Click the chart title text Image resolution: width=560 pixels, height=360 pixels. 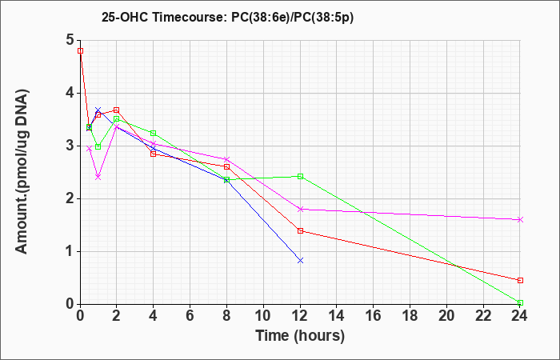pos(227,17)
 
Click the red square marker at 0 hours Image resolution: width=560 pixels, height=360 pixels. pos(80,50)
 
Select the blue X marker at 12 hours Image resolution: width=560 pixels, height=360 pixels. pos(300,260)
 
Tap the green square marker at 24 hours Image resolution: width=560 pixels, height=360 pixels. pos(520,303)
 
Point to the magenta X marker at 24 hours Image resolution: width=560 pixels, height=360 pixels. pos(520,220)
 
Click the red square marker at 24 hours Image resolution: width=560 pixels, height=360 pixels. pos(520,280)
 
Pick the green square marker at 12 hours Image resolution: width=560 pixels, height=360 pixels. pos(300,176)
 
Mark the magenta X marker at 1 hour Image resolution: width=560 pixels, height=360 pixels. pos(98,177)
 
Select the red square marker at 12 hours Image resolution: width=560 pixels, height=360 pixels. pos(300,230)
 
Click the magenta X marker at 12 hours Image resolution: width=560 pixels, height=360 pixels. pos(300,209)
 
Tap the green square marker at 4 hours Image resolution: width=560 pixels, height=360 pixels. pos(154,134)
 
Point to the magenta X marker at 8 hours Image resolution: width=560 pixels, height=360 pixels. pos(226,159)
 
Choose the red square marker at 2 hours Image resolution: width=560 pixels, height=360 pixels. pos(117,110)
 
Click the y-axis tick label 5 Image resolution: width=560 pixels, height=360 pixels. pos(70,40)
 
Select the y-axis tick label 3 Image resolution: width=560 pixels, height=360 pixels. pos(70,146)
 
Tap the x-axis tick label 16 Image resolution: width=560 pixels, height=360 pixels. pos(374,316)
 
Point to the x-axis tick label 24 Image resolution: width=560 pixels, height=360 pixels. pos(520,316)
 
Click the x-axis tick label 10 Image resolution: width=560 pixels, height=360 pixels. pos(263,316)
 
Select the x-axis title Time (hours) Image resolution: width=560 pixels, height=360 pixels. pos(300,336)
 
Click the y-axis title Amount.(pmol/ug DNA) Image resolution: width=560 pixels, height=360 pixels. pos(22,172)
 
